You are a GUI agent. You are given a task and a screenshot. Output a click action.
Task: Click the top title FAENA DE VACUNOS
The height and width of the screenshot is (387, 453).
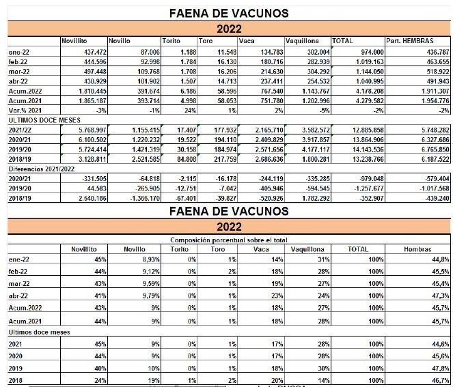coord(228,13)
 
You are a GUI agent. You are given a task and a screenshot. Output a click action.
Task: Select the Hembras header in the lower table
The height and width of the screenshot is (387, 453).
coord(416,248)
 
